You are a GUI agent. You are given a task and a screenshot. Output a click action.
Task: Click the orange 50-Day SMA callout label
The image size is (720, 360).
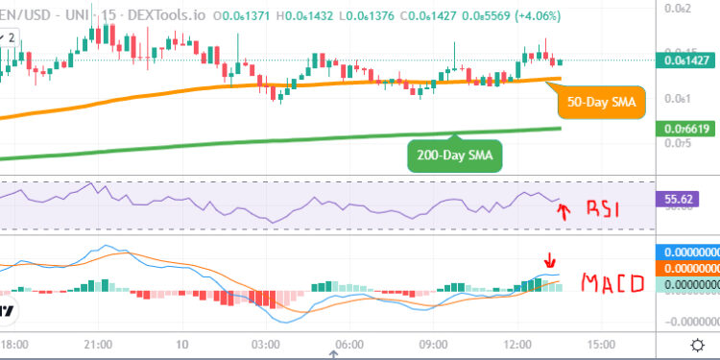[x=599, y=101]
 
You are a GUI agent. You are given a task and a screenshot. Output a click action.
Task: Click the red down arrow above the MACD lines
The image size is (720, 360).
[x=549, y=259]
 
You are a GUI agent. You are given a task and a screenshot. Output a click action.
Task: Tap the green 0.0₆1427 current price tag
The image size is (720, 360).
[x=687, y=60]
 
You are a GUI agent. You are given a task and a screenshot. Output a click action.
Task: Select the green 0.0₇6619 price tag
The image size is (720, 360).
[x=687, y=128]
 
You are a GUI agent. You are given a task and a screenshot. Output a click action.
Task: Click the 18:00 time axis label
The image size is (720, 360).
[x=14, y=344]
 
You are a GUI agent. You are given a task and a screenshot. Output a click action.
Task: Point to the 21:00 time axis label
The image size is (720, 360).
[x=99, y=344]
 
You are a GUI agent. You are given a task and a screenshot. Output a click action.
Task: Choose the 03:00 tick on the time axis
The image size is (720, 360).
[x=264, y=344]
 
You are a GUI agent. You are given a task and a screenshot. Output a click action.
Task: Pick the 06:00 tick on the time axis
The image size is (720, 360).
[x=348, y=344]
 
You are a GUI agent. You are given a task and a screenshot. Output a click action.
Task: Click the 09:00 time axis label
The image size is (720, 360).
[x=433, y=344]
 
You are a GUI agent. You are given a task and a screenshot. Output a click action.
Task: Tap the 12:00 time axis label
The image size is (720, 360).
[x=517, y=344]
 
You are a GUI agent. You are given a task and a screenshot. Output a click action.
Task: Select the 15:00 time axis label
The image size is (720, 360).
[x=601, y=344]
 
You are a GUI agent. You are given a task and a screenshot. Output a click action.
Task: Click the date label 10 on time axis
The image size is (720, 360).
[x=182, y=344]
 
